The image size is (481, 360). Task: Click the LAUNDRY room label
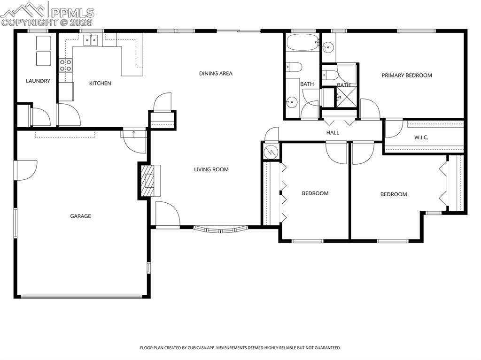[x=38, y=81]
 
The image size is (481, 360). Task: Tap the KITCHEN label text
[x=100, y=84]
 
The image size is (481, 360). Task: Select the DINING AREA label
[x=216, y=74]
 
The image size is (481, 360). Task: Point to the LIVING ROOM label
[x=211, y=169]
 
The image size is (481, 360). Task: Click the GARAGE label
[x=80, y=216]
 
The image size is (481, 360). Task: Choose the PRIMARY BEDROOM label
[x=406, y=76]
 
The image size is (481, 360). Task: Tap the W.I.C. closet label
[x=421, y=138]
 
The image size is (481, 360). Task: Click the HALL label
[x=333, y=133]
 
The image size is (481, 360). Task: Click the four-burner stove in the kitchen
[x=66, y=65]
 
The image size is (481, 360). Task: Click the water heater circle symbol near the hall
[x=271, y=152]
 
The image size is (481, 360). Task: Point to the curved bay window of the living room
[x=221, y=230]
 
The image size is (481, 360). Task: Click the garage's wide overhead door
[x=81, y=296]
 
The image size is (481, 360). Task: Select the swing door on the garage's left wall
[x=26, y=170]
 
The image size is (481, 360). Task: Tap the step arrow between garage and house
[x=134, y=133]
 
